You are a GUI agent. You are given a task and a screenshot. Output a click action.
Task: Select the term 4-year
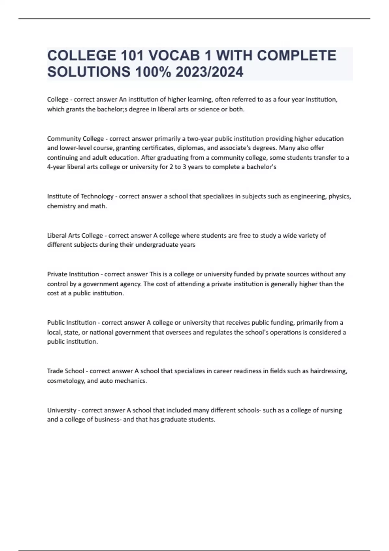click(56, 167)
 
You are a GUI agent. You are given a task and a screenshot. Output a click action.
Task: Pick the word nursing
click(331, 410)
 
